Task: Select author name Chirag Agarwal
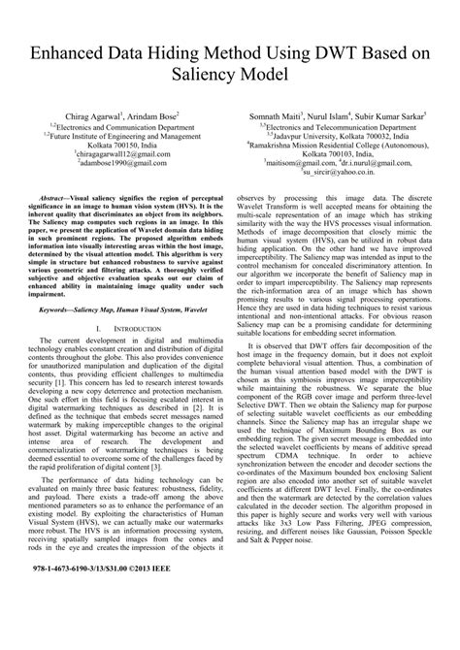click(x=97, y=114)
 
